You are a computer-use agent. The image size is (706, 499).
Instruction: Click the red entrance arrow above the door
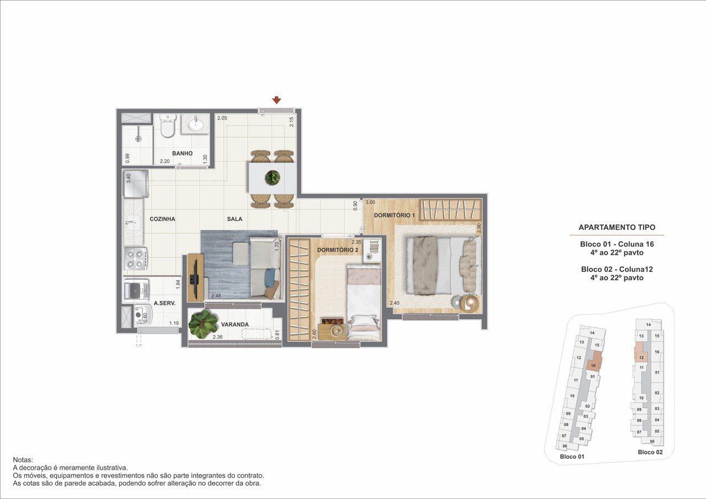[x=276, y=100]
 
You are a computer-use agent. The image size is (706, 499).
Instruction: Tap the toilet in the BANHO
[x=167, y=125]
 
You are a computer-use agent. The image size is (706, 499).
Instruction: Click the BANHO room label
[x=182, y=153]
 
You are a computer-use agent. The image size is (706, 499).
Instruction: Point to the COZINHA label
[x=162, y=219]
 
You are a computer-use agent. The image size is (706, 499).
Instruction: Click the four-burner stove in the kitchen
[x=136, y=259]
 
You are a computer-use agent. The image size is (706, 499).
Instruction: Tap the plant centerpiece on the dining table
[x=272, y=178]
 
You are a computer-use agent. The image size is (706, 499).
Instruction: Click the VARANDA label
[x=235, y=324]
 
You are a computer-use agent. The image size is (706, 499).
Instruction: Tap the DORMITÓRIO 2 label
[x=338, y=250]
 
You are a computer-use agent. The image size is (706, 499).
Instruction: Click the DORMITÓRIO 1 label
[x=394, y=216]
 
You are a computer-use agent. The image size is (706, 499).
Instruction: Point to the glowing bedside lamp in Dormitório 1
[x=470, y=303]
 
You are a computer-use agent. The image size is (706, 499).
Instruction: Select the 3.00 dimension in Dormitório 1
[x=370, y=202]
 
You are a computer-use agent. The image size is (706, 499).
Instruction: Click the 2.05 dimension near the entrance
[x=222, y=118]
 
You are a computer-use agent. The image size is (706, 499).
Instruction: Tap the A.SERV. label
[x=164, y=303]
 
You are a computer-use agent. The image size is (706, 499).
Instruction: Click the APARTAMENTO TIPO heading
[x=617, y=227]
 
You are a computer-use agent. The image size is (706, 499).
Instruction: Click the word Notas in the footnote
[x=23, y=460]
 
